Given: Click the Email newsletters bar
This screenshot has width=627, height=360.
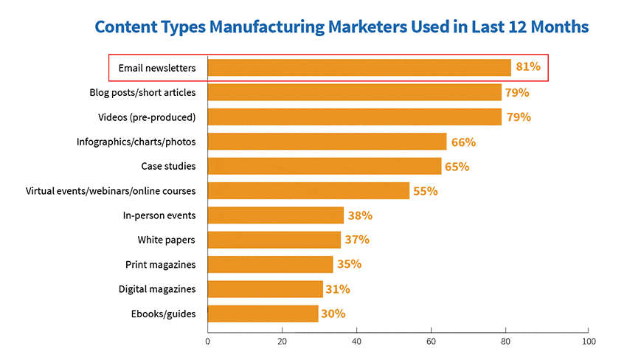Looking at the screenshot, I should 359,68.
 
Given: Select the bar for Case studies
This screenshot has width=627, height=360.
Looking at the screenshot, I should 325,166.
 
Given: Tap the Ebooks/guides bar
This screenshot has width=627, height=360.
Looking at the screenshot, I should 263,314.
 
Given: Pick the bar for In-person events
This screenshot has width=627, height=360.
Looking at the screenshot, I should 276,215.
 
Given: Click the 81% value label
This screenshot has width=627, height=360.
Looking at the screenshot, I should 528,67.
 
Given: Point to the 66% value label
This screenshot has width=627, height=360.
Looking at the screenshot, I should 463,142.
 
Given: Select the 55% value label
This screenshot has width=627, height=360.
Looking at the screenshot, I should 425,191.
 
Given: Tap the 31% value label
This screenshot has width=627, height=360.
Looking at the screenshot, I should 337,289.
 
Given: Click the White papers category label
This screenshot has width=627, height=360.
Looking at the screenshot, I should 166,240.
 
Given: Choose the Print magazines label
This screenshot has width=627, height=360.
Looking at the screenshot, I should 160,264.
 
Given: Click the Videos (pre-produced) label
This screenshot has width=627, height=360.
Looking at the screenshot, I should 147,117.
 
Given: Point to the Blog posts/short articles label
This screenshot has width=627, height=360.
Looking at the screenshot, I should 142,92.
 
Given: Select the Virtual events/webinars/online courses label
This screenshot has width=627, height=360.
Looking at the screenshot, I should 111,191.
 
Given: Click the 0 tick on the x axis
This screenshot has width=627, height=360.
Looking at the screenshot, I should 208,342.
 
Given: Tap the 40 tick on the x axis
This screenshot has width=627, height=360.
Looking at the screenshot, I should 356,342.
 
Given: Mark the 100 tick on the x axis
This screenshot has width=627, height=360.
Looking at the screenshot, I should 588,342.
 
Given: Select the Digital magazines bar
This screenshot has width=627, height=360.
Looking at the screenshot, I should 266,289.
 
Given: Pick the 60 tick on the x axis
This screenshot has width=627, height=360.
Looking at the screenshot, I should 431,342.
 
